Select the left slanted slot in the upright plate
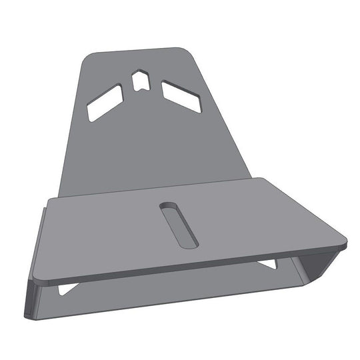click(105, 103)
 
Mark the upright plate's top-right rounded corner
click(186, 51)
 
